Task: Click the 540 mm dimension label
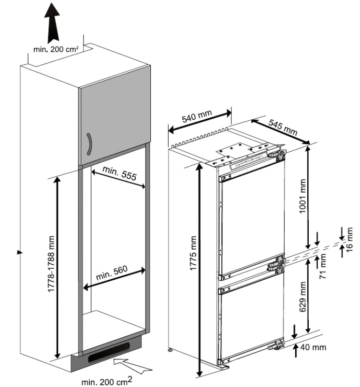pyautogui.click(x=197, y=117)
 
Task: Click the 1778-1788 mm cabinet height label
pyautogui.click(x=51, y=269)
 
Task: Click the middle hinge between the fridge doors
pyautogui.click(x=275, y=265)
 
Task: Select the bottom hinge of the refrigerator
pyautogui.click(x=277, y=346)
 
